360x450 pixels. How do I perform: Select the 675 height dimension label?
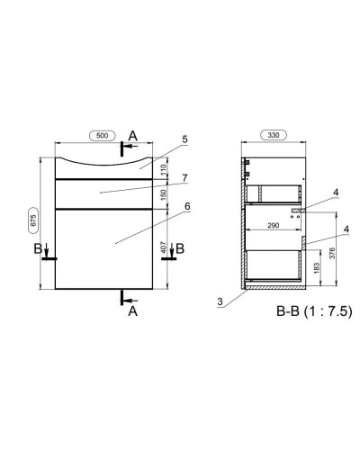(30, 222)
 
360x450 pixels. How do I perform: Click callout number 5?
(184, 139)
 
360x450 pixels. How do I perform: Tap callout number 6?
(184, 205)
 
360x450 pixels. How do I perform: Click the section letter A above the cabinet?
(133, 136)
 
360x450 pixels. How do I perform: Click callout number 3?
(219, 301)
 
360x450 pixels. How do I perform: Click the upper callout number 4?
(336, 193)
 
